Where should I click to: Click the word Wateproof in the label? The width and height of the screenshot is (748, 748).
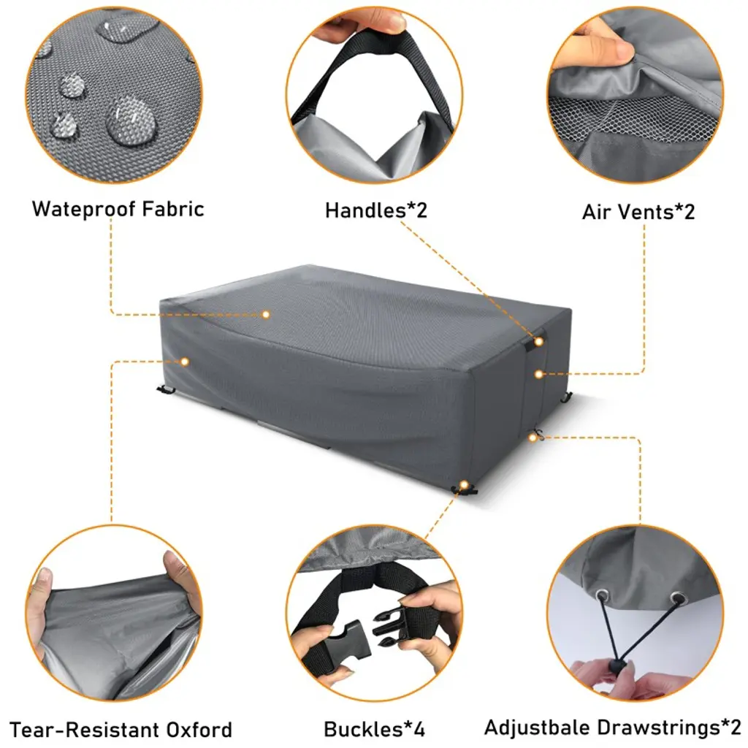[x=84, y=210]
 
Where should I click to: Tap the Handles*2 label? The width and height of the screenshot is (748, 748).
[x=376, y=210]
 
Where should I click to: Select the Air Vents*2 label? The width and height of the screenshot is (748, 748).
[x=638, y=212]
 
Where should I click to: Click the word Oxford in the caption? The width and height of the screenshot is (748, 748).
[x=199, y=730]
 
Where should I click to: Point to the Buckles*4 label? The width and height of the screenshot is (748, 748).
[x=374, y=729]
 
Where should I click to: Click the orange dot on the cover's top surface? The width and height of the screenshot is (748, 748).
[x=266, y=314]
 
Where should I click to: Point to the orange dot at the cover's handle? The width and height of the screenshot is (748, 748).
[x=538, y=342]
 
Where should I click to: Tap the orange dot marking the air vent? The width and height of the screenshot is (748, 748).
[x=538, y=375]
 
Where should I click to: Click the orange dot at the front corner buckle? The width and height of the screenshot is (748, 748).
[x=464, y=485]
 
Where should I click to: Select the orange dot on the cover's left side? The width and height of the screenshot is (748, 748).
[x=185, y=362]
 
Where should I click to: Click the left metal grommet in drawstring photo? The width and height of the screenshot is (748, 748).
[x=603, y=595]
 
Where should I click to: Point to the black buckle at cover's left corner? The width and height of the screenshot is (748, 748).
[x=166, y=390]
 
